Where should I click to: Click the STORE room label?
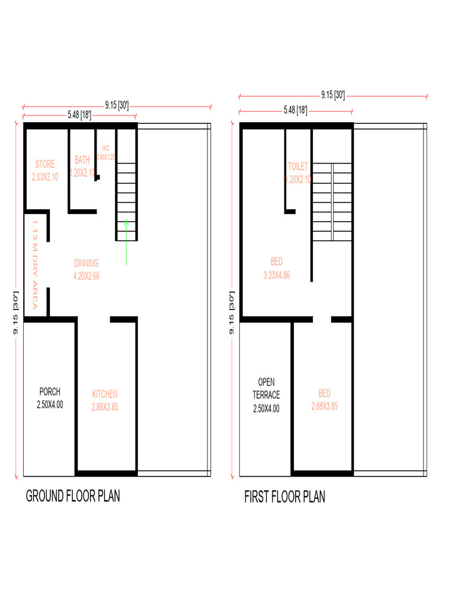coord(45,164)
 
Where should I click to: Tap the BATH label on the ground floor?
coord(82,160)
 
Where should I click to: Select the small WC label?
coord(106,148)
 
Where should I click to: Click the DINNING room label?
coord(86,263)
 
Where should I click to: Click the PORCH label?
coord(50,392)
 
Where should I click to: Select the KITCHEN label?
coord(105,394)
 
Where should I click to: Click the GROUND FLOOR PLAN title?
coord(73,496)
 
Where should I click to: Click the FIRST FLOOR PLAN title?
coord(285,497)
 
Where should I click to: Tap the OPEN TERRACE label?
coord(266,388)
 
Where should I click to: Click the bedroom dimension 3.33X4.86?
coord(277,275)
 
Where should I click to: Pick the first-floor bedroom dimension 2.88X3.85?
coord(325,407)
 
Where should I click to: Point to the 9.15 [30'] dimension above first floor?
coord(333,94)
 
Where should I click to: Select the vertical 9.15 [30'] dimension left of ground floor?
coord(16,312)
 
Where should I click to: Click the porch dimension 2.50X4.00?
coord(50,405)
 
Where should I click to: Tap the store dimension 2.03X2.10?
coord(45,177)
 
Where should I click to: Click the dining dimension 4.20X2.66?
coord(86,276)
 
